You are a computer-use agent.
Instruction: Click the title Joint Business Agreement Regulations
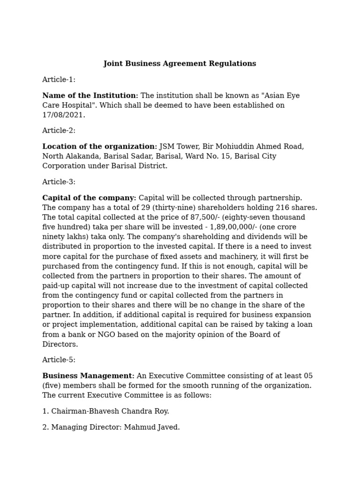[180, 64]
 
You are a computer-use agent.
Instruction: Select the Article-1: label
[59, 80]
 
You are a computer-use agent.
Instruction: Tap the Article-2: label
[59, 131]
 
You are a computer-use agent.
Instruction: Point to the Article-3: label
[59, 182]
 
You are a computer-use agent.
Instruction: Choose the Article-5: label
[59, 360]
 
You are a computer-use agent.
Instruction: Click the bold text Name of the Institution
[90, 96]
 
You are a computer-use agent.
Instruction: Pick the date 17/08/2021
[63, 115]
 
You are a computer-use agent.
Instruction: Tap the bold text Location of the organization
[99, 147]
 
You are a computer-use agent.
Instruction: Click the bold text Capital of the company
[89, 198]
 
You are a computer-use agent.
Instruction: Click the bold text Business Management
[88, 376]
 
